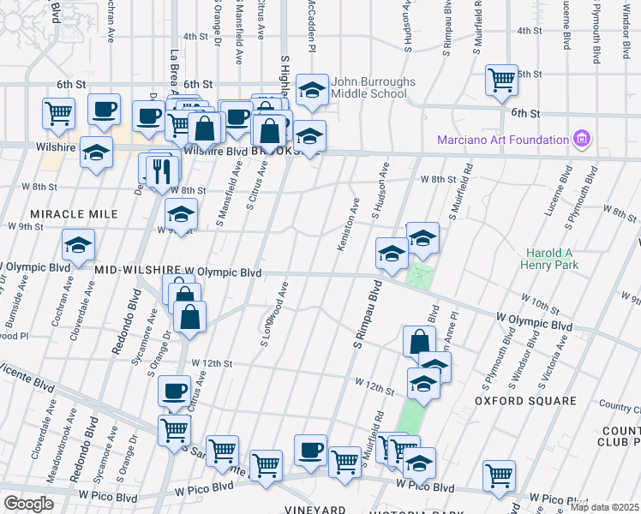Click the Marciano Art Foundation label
pyautogui.click(x=503, y=139)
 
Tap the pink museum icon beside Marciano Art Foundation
pyautogui.click(x=583, y=139)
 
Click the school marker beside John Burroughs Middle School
pyautogui.click(x=312, y=91)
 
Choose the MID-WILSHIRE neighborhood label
pyautogui.click(x=137, y=272)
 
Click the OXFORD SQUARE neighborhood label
pyautogui.click(x=524, y=400)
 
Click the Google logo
pyautogui.click(x=28, y=503)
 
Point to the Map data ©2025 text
pyautogui.click(x=605, y=507)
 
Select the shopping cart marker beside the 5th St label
pyautogui.click(x=501, y=81)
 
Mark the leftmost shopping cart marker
pyautogui.click(x=58, y=113)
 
